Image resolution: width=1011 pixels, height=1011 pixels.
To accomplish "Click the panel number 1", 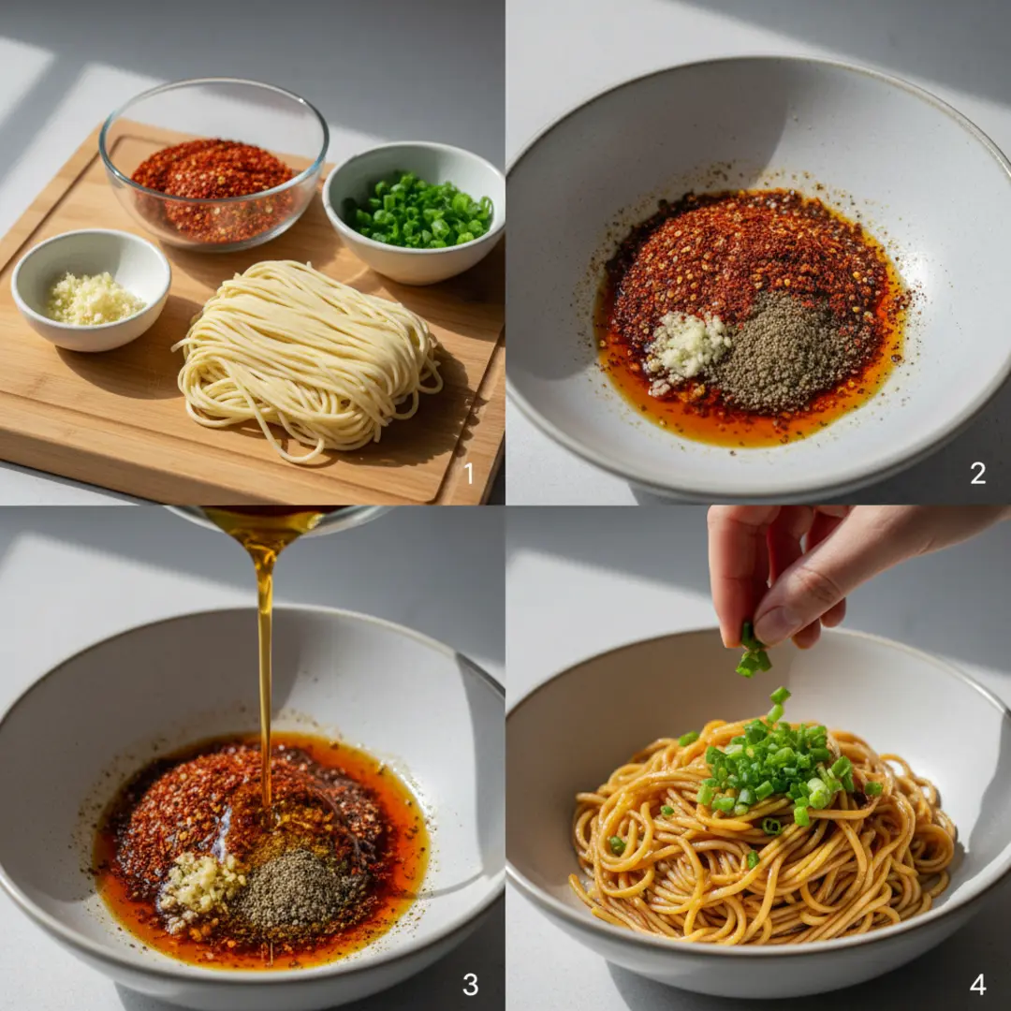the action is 469,474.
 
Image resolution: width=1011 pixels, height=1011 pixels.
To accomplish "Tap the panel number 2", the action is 977,474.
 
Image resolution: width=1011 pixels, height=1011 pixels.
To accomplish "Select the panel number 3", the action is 471,985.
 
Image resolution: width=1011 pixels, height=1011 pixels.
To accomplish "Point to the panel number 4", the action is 978,985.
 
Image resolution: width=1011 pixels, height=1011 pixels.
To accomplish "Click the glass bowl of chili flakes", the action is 213,165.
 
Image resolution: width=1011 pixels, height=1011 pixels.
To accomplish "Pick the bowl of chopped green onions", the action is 414,212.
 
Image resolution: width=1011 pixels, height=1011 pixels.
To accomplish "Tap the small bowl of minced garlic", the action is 91,290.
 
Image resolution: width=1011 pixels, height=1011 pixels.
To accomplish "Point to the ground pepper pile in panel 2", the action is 784,351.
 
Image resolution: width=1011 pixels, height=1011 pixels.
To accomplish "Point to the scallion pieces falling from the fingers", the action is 752,652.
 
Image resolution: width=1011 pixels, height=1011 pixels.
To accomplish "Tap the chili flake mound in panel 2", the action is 748,271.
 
